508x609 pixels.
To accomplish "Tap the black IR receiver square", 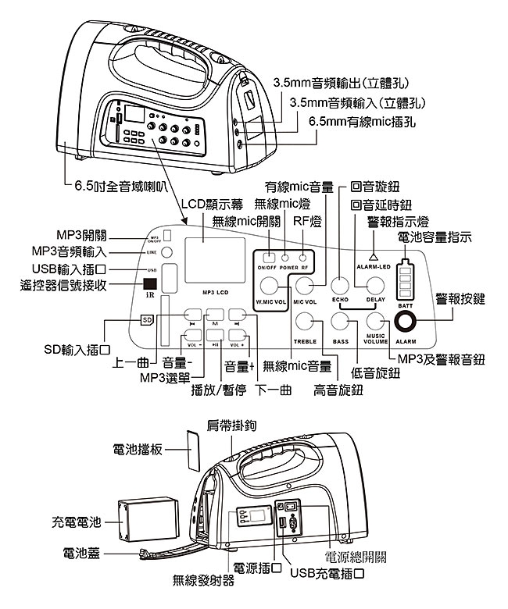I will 150,286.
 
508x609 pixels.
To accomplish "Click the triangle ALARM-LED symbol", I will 373,256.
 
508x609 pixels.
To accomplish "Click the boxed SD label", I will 146,319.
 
